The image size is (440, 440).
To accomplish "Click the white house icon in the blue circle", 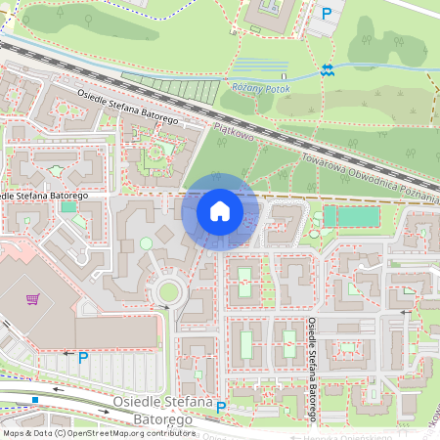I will [220, 211].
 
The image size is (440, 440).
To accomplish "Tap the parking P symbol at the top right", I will [327, 14].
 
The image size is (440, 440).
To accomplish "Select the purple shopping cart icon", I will [33, 298].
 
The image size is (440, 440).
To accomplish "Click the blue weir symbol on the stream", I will [327, 70].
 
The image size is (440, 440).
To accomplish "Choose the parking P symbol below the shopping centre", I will [83, 358].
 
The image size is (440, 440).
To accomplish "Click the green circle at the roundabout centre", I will [168, 290].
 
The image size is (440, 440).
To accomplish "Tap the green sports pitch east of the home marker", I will [349, 216].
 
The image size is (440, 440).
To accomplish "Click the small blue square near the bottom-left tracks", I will [35, 400].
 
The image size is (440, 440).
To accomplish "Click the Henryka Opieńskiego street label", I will [376, 437].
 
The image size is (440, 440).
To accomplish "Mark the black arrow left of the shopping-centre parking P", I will [66, 353].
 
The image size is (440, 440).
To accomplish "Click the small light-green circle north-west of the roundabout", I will [147, 242].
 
